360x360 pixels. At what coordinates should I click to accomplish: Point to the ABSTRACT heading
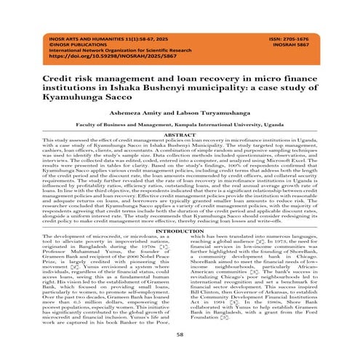180,135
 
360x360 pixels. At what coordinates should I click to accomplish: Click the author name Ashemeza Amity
135,111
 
